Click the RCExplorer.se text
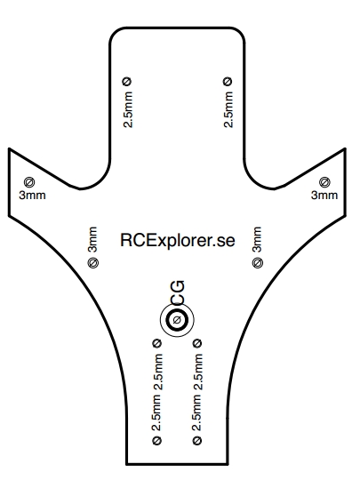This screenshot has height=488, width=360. click(x=178, y=241)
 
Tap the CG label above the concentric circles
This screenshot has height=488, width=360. click(x=178, y=292)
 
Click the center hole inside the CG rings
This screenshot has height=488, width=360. click(x=177, y=320)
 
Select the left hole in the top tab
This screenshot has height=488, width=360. click(x=127, y=82)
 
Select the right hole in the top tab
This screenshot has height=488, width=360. click(x=228, y=82)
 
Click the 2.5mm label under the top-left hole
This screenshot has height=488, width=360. click(x=128, y=109)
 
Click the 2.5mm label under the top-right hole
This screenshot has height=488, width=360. click(x=228, y=109)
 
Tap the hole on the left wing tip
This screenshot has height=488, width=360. click(x=29, y=182)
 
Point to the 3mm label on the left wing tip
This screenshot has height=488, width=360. click(x=32, y=196)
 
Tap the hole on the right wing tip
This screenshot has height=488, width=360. click(x=324, y=182)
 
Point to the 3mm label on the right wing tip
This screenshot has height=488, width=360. click(x=324, y=196)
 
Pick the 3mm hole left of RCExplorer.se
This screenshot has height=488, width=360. click(x=93, y=263)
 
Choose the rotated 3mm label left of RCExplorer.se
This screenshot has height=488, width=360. click(x=92, y=239)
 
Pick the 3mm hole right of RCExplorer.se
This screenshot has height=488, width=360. click(x=257, y=263)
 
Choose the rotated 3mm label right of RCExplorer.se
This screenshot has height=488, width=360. click(x=257, y=239)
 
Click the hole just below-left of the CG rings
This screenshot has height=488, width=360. click(x=157, y=343)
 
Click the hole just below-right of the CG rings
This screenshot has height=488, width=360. click(x=197, y=343)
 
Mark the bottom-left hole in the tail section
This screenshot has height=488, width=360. click(x=157, y=440)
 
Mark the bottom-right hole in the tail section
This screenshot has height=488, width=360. click(x=197, y=440)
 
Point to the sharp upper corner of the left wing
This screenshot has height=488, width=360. click(x=9, y=148)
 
